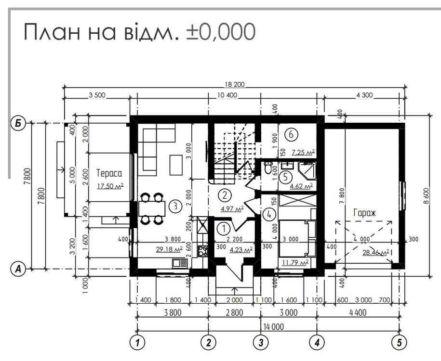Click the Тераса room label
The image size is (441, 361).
pyautogui.click(x=109, y=173)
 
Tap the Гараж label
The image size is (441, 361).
pyautogui.click(x=364, y=213)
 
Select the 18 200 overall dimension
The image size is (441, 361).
pyautogui.click(x=235, y=84)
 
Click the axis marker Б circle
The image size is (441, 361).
pyautogui.click(x=18, y=123)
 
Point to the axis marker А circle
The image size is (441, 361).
pyautogui.click(x=18, y=269)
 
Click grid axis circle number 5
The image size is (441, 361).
pyautogui.click(x=400, y=342)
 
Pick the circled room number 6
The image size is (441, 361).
pyautogui.click(x=291, y=134)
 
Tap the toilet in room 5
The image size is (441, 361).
pyautogui.click(x=267, y=168)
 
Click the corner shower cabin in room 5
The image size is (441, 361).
pyautogui.click(x=307, y=170)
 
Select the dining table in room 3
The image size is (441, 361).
pyautogui.click(x=152, y=208)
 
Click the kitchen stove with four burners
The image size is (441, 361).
pyautogui.click(x=202, y=251)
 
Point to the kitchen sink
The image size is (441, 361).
pyautogui.click(x=180, y=263)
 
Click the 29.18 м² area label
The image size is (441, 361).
pyautogui.click(x=169, y=249)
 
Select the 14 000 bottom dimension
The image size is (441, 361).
pyautogui.click(x=273, y=327)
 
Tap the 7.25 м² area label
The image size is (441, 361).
pyautogui.click(x=303, y=153)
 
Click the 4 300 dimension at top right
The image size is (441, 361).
pyautogui.click(x=364, y=95)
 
